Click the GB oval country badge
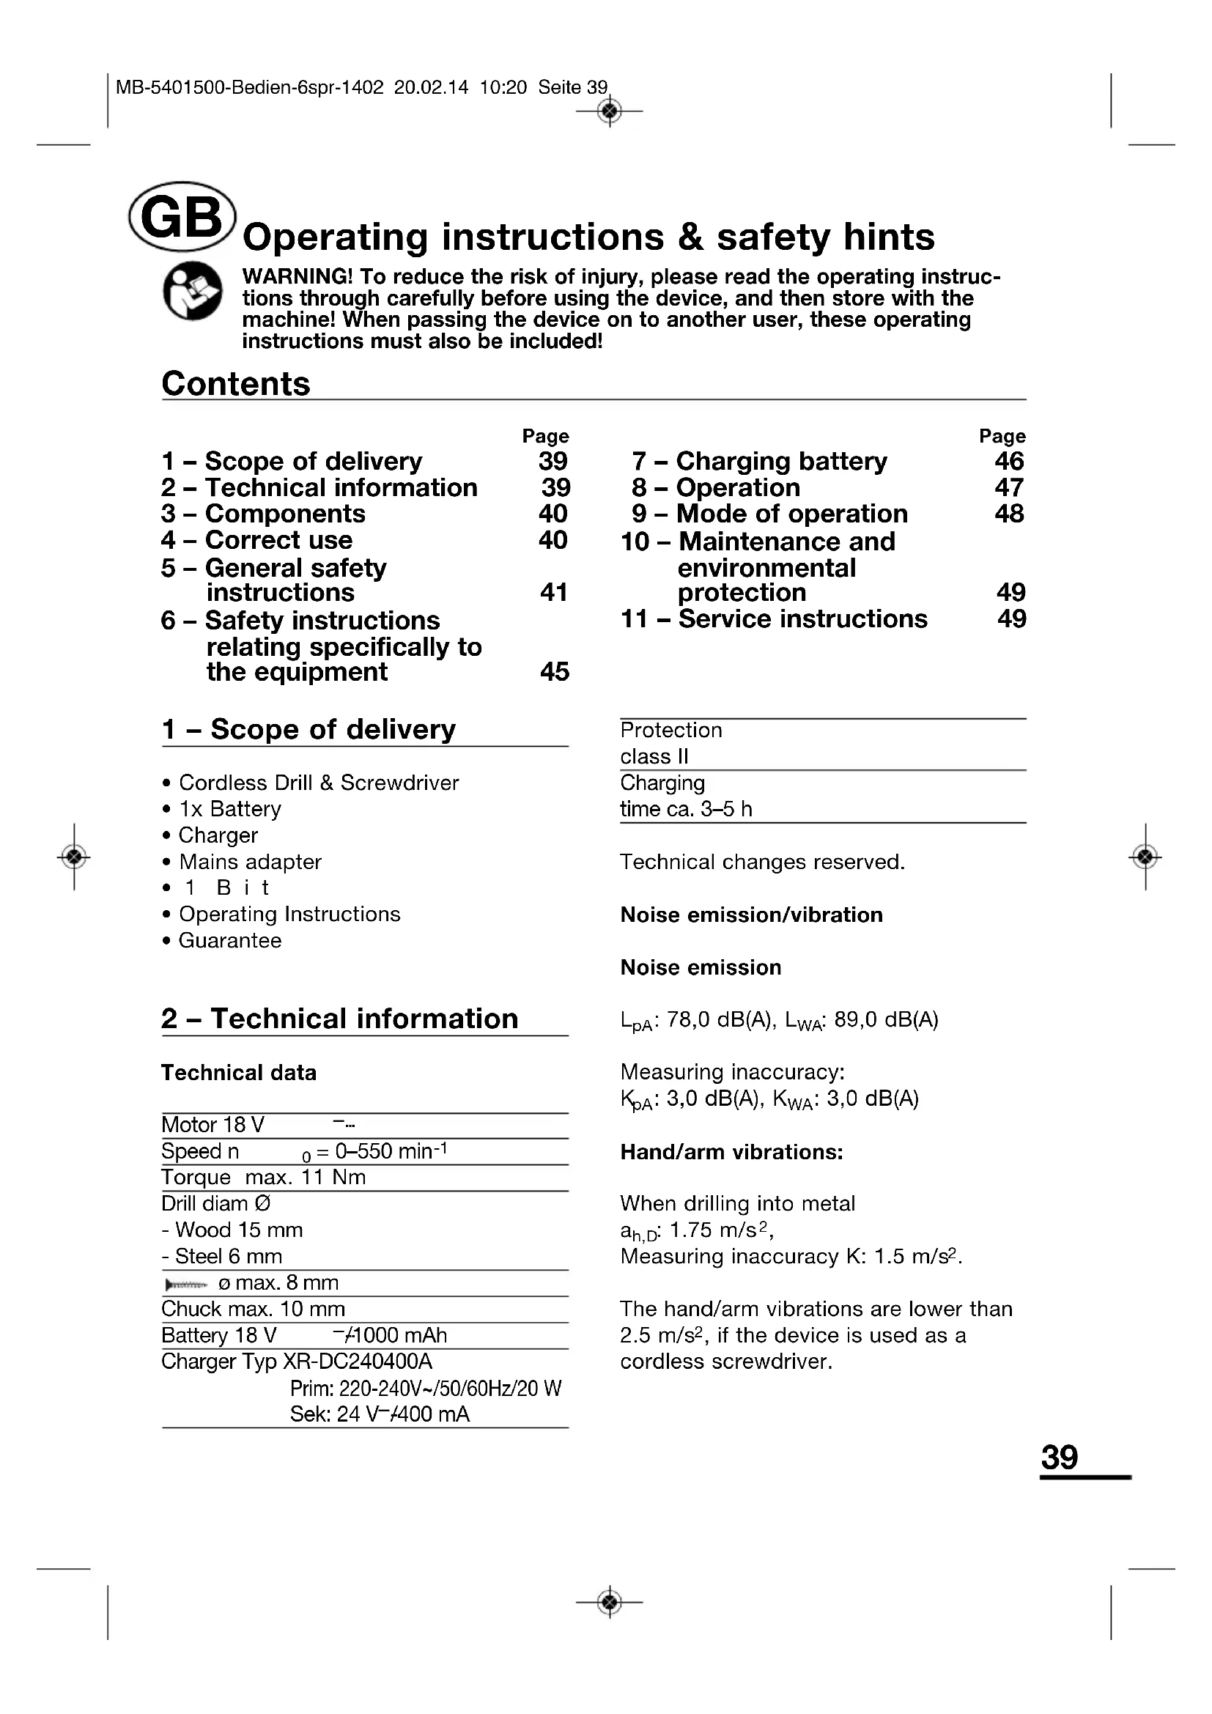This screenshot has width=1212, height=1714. click(x=182, y=216)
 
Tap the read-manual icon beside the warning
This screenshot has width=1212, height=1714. click(x=193, y=291)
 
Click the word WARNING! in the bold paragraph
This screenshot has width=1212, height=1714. click(x=297, y=276)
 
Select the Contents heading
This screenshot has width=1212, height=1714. click(x=236, y=384)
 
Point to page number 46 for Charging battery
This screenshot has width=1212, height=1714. click(x=1009, y=461)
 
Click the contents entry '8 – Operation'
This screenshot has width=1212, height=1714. click(x=716, y=487)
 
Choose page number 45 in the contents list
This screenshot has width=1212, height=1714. click(x=555, y=671)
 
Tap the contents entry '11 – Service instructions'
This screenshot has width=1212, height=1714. click(x=774, y=619)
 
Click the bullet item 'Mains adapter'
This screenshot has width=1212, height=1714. click(x=250, y=862)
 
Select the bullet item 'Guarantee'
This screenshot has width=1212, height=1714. click(x=230, y=941)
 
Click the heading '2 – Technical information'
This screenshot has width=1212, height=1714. click(x=339, y=1019)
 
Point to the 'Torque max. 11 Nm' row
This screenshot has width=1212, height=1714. click(x=264, y=1178)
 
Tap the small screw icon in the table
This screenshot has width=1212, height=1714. click(x=186, y=1284)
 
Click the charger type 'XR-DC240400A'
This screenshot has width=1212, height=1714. click(x=358, y=1361)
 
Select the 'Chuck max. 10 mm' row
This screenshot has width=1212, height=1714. click(x=253, y=1309)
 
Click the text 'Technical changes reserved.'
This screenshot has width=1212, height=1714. click(x=762, y=862)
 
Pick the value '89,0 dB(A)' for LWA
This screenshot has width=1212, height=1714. click(x=886, y=1020)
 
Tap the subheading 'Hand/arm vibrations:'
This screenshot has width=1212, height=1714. click(x=731, y=1152)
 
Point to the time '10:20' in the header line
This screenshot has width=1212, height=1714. click(x=503, y=87)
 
